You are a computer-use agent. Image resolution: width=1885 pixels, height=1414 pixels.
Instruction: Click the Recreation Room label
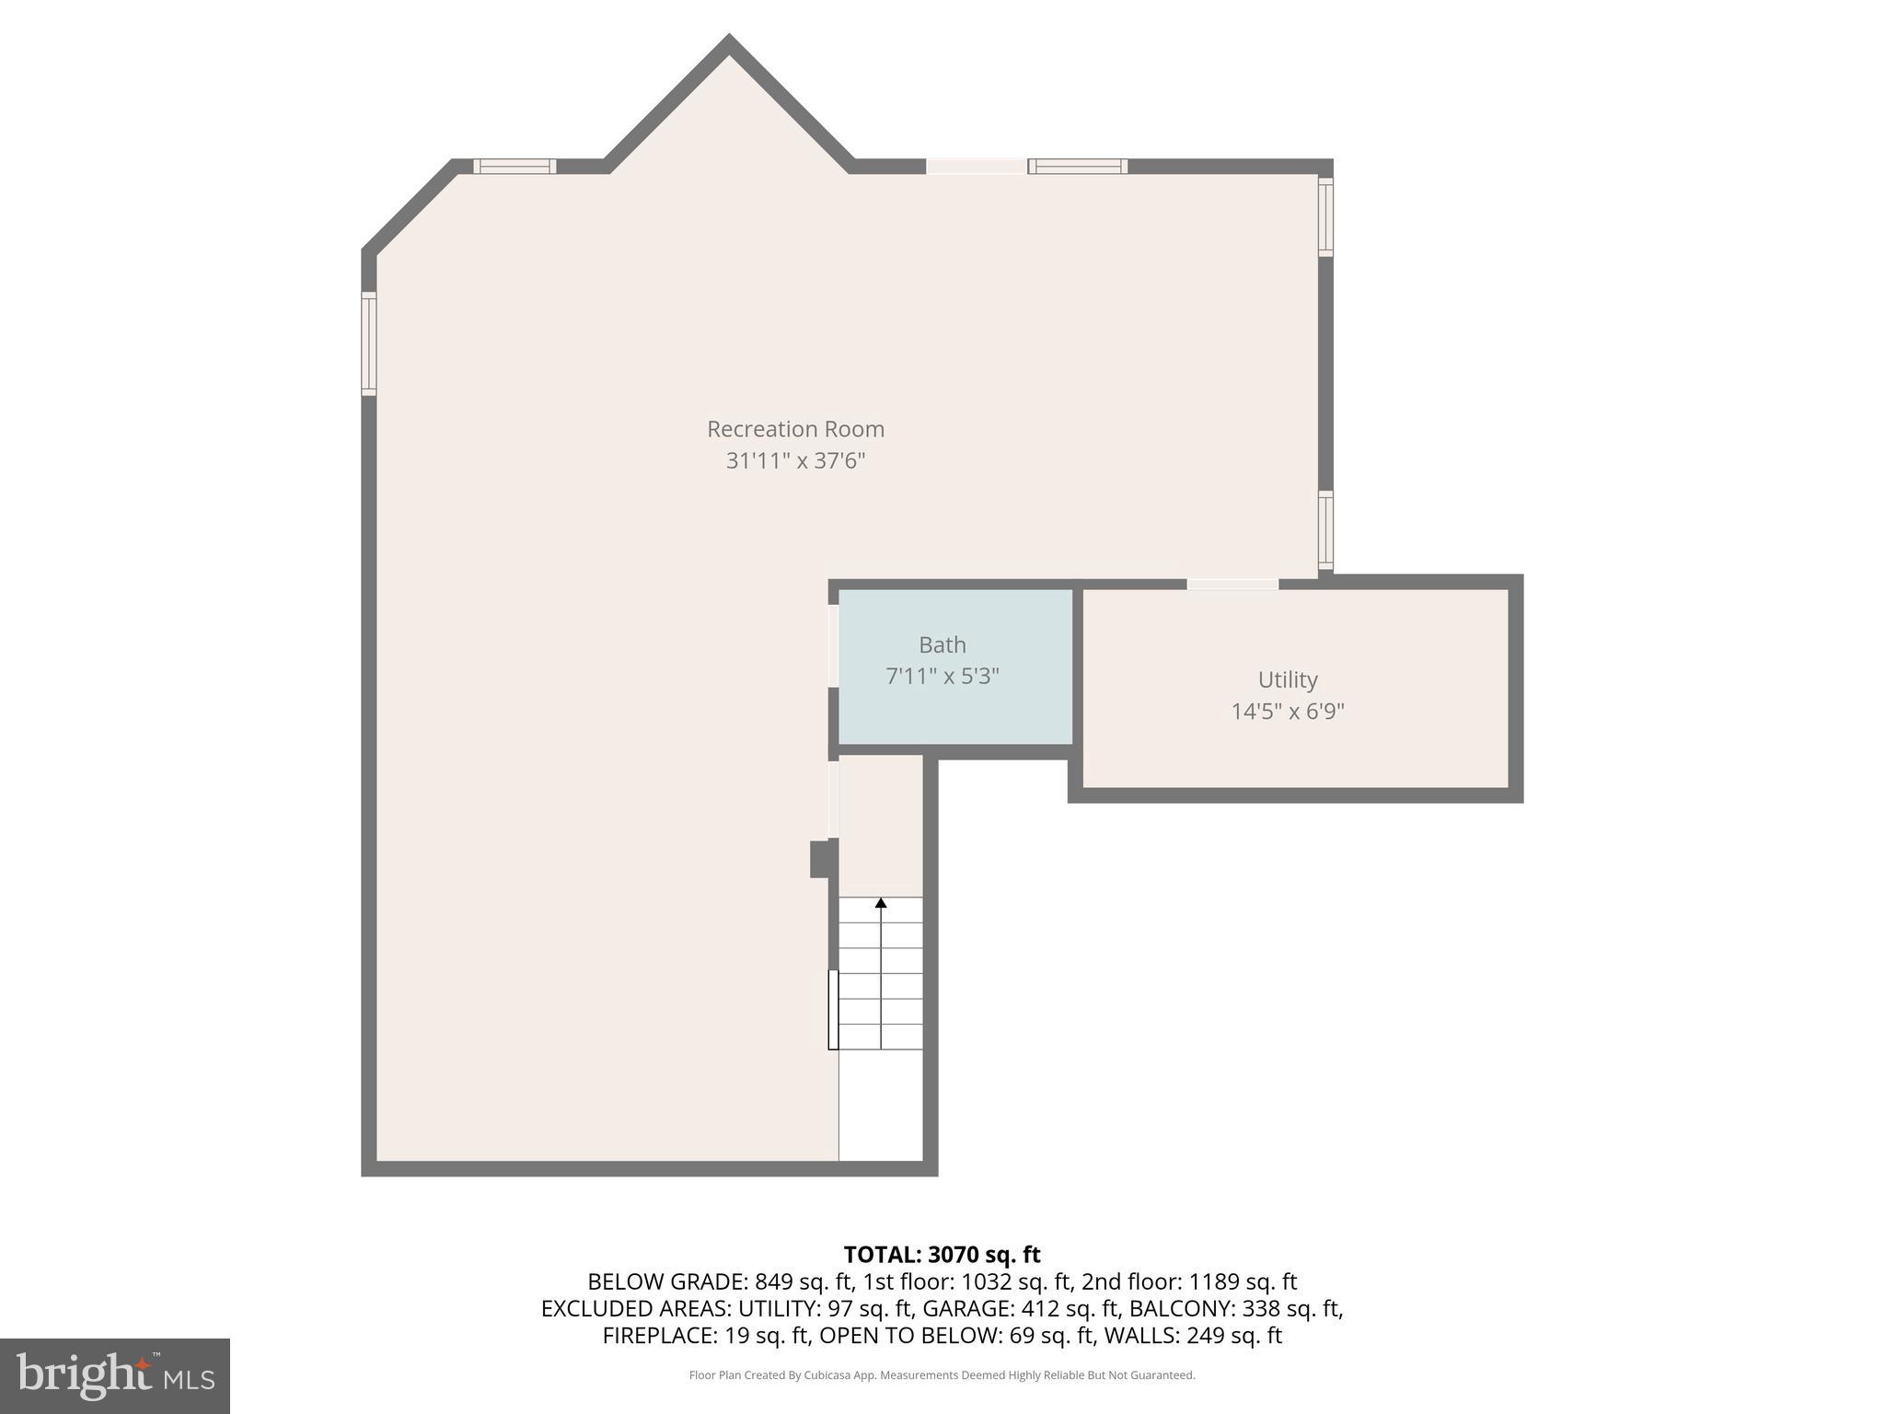pos(795,429)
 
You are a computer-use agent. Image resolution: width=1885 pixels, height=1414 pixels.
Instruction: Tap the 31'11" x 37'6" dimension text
pos(795,460)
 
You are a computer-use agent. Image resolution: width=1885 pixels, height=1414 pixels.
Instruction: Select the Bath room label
pos(942,644)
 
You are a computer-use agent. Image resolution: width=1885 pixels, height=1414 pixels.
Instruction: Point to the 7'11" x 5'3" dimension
pos(942,676)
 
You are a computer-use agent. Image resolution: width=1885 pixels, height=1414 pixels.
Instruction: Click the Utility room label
pos(1287,679)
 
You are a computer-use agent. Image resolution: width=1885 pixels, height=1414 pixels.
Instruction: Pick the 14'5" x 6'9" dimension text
pos(1287,711)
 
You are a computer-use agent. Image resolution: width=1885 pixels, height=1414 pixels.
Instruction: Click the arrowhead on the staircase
pos(881,903)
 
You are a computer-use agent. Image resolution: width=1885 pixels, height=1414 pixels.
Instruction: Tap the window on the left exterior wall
pos(369,343)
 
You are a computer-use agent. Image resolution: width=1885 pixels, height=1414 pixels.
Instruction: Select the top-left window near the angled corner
pos(515,167)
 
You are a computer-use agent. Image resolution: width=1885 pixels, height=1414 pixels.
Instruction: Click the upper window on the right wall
pos(1325,216)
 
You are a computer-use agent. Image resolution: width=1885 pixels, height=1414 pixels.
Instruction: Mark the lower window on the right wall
pos(1325,530)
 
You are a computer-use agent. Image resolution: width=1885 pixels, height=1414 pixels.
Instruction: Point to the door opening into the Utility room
pos(1232,584)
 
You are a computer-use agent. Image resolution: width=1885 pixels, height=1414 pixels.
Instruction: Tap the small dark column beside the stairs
pos(821,859)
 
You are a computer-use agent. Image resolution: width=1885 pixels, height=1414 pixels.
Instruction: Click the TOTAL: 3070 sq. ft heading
pos(942,1254)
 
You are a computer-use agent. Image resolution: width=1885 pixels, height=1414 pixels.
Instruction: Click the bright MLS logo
pos(115,1375)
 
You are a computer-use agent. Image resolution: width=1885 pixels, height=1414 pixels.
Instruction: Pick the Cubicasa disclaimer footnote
pos(942,1375)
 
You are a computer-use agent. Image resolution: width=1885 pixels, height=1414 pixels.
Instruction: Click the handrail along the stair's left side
pos(833,1009)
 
